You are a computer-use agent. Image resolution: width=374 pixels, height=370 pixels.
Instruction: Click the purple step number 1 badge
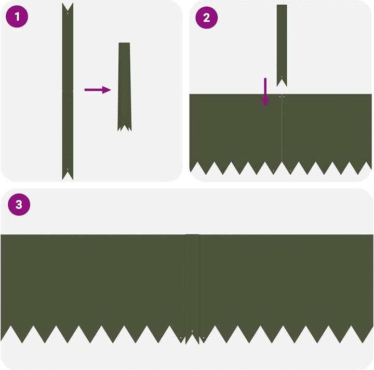[x=17, y=17]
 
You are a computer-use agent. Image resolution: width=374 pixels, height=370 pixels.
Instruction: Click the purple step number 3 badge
[x=19, y=205]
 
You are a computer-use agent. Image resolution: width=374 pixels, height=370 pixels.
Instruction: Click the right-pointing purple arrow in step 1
[x=98, y=90]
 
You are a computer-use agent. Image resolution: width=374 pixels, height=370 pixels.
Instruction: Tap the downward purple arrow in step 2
[x=265, y=92]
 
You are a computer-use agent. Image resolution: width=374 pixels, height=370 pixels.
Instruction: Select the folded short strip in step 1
[x=125, y=86]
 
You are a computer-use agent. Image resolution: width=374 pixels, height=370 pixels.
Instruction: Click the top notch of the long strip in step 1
[x=68, y=7]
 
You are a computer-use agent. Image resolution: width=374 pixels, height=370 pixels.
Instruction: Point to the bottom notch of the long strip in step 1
[x=68, y=175]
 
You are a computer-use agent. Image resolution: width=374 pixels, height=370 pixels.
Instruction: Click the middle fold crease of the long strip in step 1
[x=68, y=91]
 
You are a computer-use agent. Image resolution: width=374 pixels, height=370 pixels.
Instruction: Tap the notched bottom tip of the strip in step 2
[x=282, y=82]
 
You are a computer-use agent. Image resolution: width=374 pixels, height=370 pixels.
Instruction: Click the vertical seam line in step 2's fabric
[x=282, y=130]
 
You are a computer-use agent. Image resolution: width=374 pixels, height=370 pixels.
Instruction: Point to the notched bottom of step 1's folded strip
[x=125, y=126]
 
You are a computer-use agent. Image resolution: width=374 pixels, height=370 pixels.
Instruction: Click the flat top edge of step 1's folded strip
[x=124, y=43]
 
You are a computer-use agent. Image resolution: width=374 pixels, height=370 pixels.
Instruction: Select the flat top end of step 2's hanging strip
[x=282, y=6]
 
